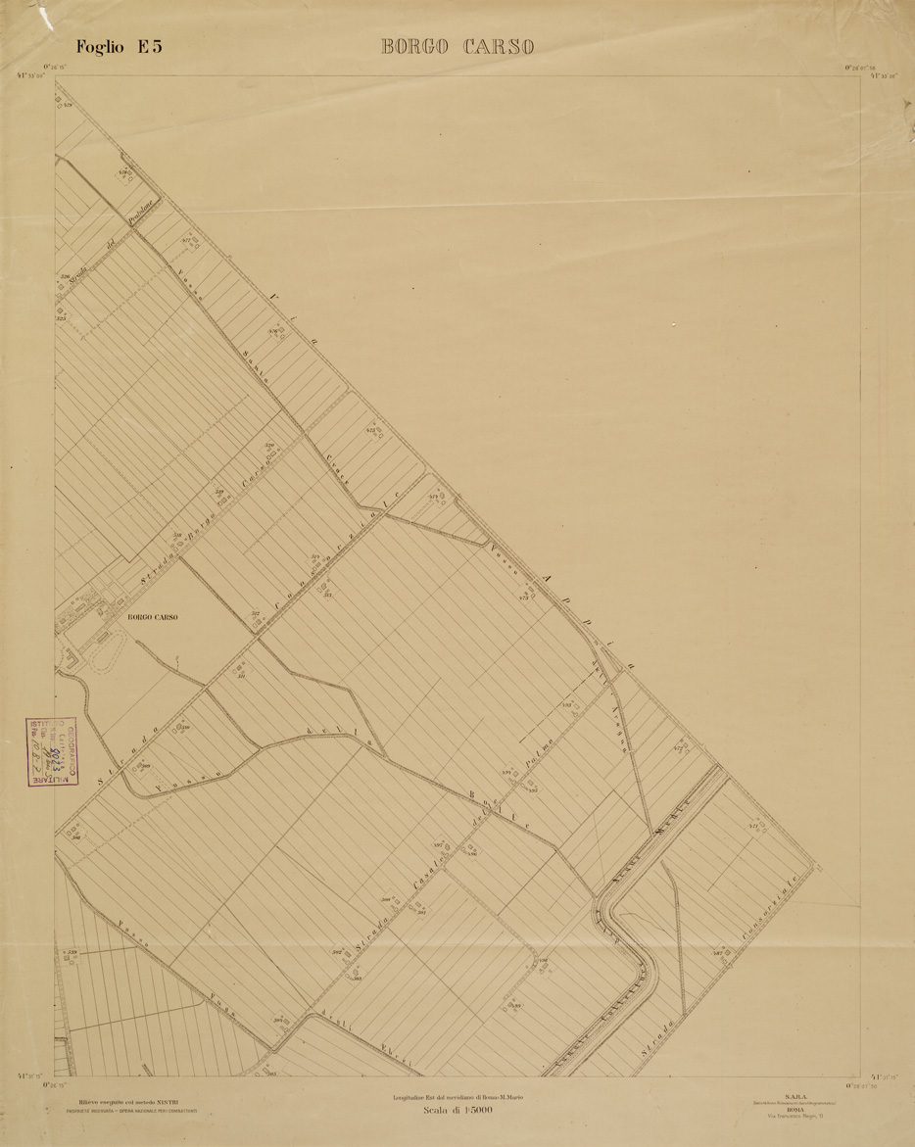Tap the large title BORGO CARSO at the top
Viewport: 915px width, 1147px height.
click(x=457, y=47)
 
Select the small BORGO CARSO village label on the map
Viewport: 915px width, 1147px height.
click(x=153, y=618)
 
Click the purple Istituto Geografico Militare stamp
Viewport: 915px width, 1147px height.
click(x=52, y=751)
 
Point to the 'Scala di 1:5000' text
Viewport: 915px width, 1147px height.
click(x=457, y=1111)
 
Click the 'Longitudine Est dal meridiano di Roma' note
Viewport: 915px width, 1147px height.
click(x=457, y=1098)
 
